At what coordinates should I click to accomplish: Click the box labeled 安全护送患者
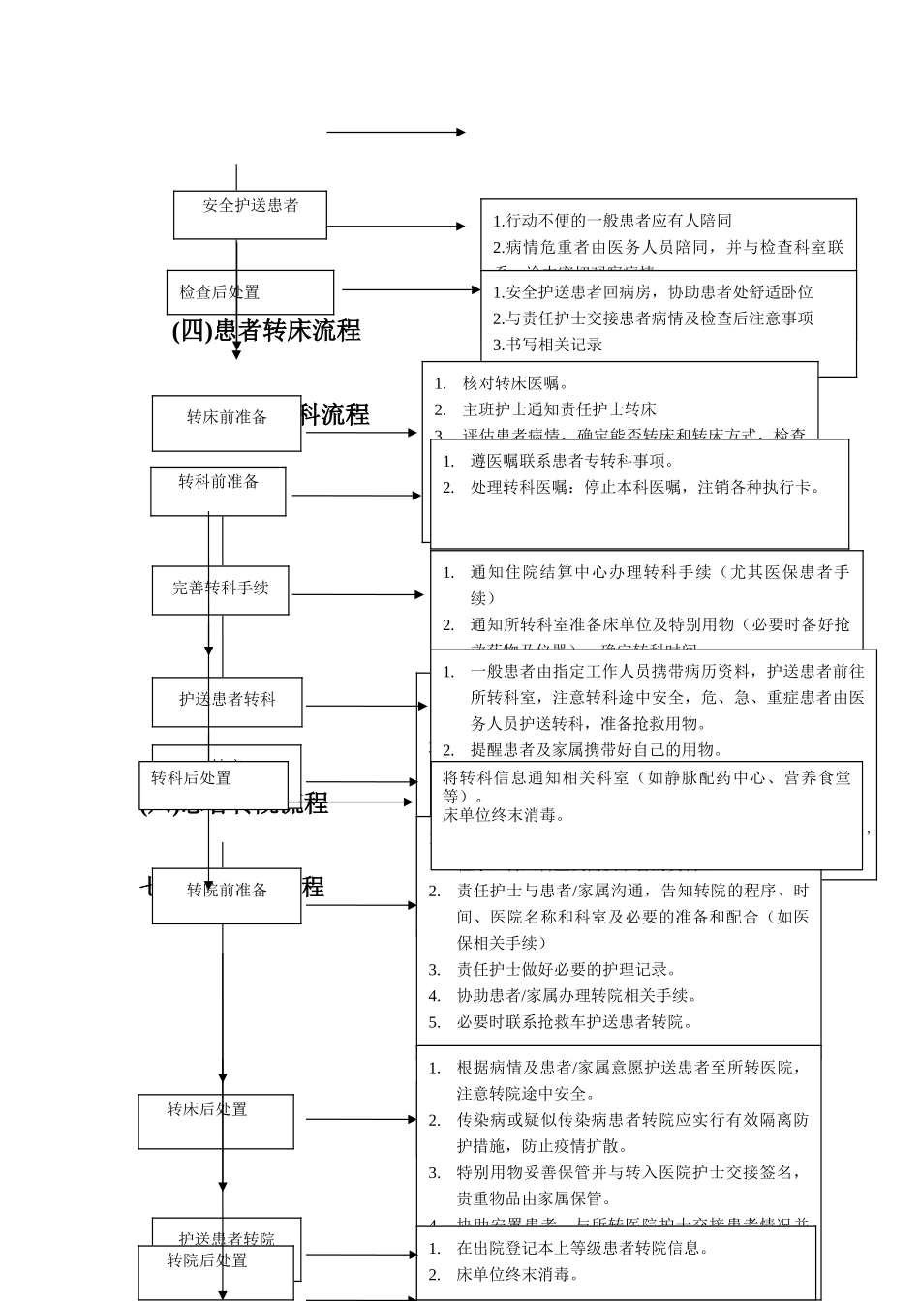point(250,214)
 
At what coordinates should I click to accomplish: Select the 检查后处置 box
point(250,292)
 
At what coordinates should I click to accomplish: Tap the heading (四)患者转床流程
point(266,331)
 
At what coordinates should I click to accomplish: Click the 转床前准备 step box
point(227,423)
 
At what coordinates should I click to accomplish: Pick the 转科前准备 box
point(218,491)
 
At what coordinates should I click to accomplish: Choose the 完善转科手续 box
point(220,590)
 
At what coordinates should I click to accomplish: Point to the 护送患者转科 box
point(227,701)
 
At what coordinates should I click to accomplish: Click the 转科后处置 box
point(213,783)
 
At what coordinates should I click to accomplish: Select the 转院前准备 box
point(227,895)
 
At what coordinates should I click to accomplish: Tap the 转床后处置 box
point(215,1121)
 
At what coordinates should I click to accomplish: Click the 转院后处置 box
point(215,1271)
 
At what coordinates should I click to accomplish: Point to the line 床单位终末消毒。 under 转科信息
point(504,815)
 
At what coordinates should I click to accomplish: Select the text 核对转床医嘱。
point(516,383)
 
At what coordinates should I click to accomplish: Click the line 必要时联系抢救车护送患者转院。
point(574,1021)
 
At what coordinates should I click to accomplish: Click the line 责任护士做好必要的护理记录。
point(567,969)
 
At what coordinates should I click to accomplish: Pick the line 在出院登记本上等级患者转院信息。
point(582,1248)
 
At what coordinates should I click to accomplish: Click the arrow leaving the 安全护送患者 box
point(396,227)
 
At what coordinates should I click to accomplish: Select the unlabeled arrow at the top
point(396,132)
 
